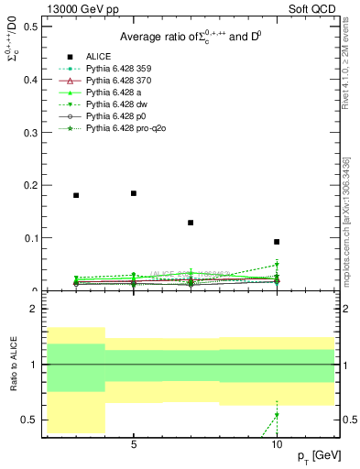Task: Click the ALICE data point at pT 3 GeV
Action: tap(76, 195)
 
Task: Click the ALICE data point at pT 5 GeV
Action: tap(134, 193)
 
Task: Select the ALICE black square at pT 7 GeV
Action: tap(191, 223)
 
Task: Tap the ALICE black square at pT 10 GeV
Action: tap(277, 242)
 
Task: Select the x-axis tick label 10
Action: tap(277, 444)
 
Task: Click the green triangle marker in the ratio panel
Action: tap(277, 415)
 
